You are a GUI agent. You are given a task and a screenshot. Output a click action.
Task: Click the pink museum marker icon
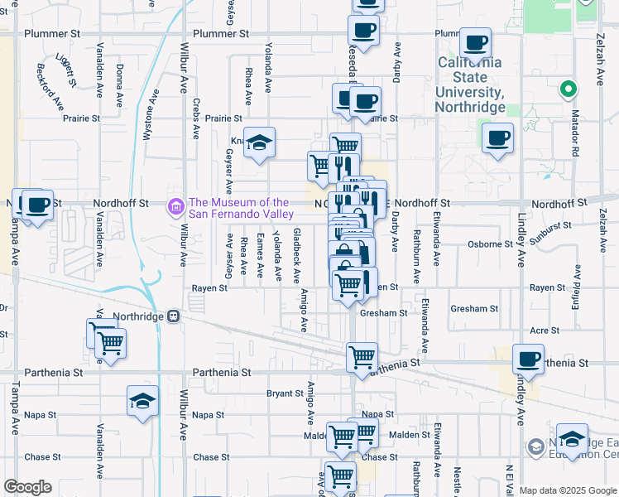point(175,206)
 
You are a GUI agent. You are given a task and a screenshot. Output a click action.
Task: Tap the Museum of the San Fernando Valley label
point(239,208)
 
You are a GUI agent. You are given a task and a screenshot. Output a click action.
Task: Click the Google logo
point(27,487)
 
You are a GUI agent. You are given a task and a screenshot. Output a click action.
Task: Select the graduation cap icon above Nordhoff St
point(259,143)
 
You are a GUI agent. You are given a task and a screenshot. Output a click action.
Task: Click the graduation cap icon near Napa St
point(142,402)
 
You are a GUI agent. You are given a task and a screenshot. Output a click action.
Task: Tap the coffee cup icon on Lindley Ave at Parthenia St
point(528,359)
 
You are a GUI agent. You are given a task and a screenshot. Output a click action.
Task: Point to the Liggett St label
point(65,70)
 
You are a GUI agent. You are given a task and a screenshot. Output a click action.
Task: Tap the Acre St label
point(545,330)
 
